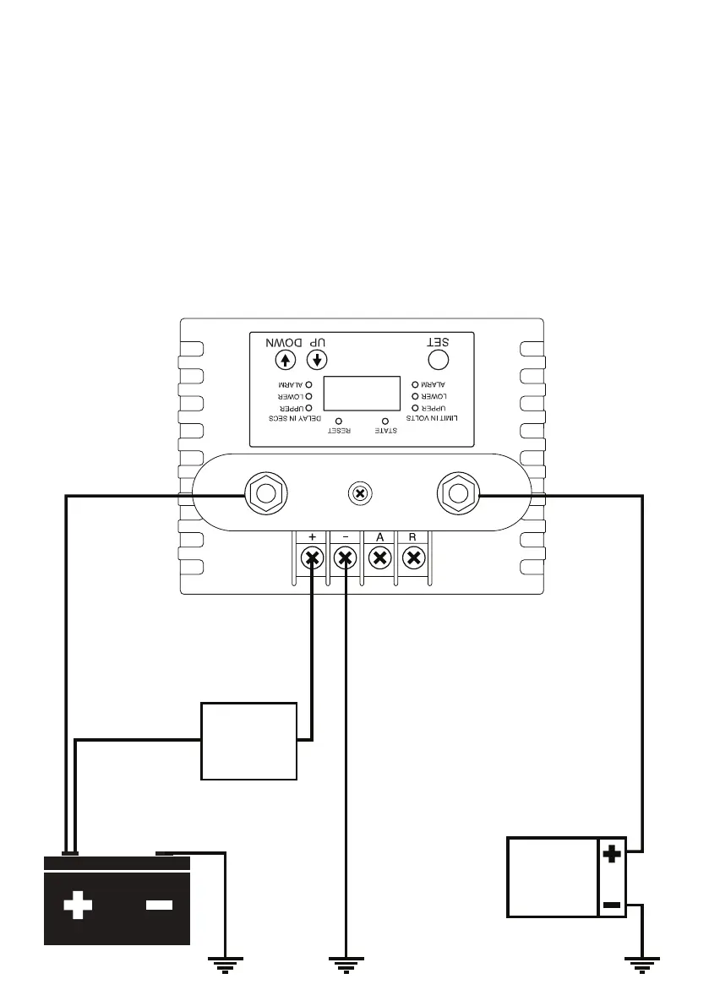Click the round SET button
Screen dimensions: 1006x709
pyautogui.click(x=438, y=360)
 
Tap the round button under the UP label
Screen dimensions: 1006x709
pyautogui.click(x=317, y=360)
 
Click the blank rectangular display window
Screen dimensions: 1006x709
pyautogui.click(x=362, y=394)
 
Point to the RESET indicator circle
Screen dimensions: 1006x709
pyautogui.click(x=339, y=420)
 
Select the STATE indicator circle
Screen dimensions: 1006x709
pyautogui.click(x=386, y=420)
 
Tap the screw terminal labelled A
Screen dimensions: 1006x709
pyautogui.click(x=379, y=557)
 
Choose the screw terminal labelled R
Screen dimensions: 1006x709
pyautogui.click(x=412, y=557)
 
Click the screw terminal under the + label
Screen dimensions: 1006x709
pyautogui.click(x=313, y=557)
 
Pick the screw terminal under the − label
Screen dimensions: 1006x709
pyautogui.click(x=346, y=557)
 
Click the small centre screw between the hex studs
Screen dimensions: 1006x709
pyautogui.click(x=361, y=493)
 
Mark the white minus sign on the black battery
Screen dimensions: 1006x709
pyautogui.click(x=158, y=905)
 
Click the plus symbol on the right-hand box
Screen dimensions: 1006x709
pyautogui.click(x=612, y=855)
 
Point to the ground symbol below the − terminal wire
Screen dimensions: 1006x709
pyautogui.click(x=346, y=964)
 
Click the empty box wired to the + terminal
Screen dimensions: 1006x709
pyautogui.click(x=248, y=740)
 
